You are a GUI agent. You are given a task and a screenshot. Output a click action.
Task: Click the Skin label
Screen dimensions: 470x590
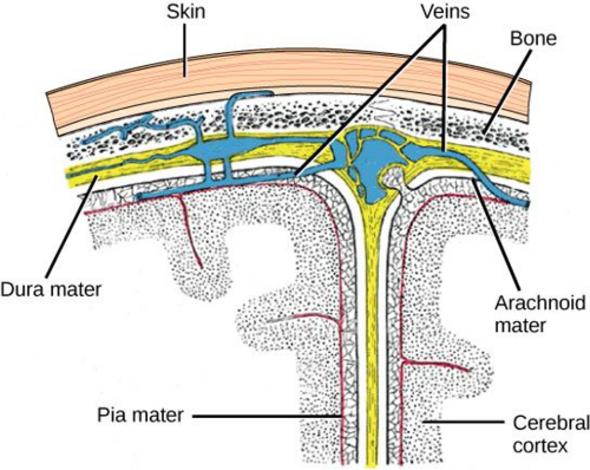click(186, 11)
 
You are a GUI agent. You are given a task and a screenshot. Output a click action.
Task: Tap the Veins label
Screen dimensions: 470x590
click(445, 11)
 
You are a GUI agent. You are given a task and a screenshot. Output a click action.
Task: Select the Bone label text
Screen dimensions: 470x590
click(533, 38)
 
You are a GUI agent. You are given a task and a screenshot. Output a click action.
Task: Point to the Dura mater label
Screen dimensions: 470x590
click(50, 289)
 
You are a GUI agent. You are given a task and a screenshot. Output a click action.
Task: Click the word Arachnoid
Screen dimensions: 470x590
click(540, 303)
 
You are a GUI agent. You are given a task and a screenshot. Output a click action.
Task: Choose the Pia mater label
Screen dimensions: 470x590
click(140, 415)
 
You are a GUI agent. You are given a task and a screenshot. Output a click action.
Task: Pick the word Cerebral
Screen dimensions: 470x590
click(551, 423)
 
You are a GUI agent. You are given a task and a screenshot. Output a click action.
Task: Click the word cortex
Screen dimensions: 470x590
click(540, 446)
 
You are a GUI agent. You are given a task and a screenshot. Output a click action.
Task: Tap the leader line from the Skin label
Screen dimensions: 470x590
click(185, 49)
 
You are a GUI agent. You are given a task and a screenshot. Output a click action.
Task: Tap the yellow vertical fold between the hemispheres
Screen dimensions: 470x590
click(373, 328)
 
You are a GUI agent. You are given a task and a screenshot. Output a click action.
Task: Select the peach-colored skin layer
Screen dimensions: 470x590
click(287, 78)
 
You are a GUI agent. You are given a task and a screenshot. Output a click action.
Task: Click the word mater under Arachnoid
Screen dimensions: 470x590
click(520, 326)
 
